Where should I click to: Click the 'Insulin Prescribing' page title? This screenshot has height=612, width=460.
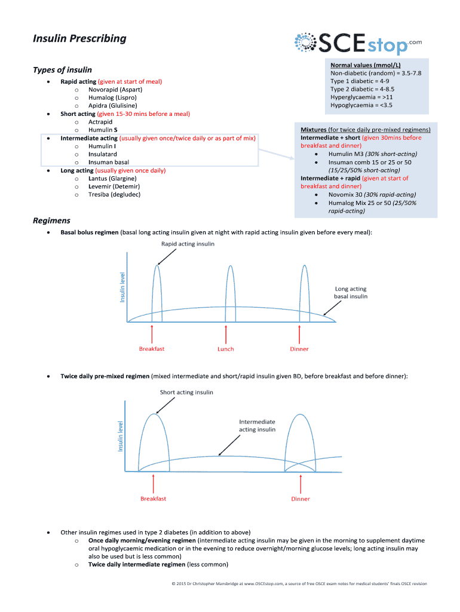point(79,39)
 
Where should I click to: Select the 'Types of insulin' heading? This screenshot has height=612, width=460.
point(62,70)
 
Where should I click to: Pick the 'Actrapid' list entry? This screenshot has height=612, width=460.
point(100,121)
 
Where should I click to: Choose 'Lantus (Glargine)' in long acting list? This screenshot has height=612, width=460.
point(112,178)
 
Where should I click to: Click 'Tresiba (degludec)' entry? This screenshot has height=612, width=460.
point(115,194)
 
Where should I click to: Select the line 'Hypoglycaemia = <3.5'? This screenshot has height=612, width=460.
point(361,105)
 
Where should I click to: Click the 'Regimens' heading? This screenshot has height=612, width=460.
point(51,221)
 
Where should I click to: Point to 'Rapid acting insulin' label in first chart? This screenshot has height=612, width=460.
point(188,244)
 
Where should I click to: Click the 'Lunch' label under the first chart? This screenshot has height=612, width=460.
point(226,349)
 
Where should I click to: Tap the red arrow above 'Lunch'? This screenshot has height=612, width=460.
point(226,332)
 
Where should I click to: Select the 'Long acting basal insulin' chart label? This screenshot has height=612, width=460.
point(351,292)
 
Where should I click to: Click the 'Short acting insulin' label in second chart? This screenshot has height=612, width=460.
point(186,393)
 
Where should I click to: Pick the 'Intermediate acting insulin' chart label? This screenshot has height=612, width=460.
point(257,425)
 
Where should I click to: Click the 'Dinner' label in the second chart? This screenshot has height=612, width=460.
point(300,498)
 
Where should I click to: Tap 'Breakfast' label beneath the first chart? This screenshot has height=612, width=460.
point(152,349)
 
